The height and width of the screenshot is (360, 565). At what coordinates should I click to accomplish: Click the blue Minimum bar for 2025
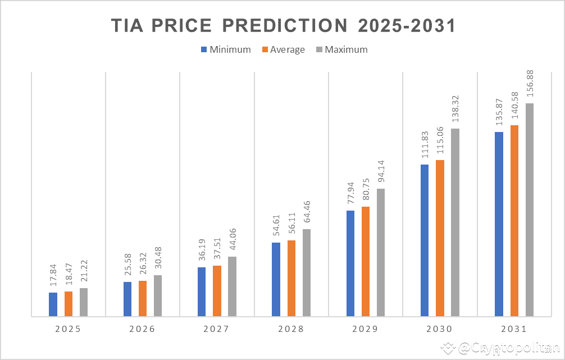(53, 304)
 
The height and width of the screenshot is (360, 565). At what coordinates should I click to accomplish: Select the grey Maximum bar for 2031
(530, 210)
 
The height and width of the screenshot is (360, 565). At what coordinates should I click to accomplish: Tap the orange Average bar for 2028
(291, 279)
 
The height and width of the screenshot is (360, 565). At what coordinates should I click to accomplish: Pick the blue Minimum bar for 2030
(425, 240)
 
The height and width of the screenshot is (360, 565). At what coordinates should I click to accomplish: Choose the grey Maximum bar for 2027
(232, 286)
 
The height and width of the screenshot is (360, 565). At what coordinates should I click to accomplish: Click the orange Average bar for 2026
(143, 298)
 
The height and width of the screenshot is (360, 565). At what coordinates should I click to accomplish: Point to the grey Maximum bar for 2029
(381, 253)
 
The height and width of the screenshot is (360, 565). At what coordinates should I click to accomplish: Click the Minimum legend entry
(225, 49)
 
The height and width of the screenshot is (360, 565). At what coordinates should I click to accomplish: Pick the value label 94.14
(381, 170)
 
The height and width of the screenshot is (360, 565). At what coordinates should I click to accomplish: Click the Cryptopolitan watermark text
(503, 349)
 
